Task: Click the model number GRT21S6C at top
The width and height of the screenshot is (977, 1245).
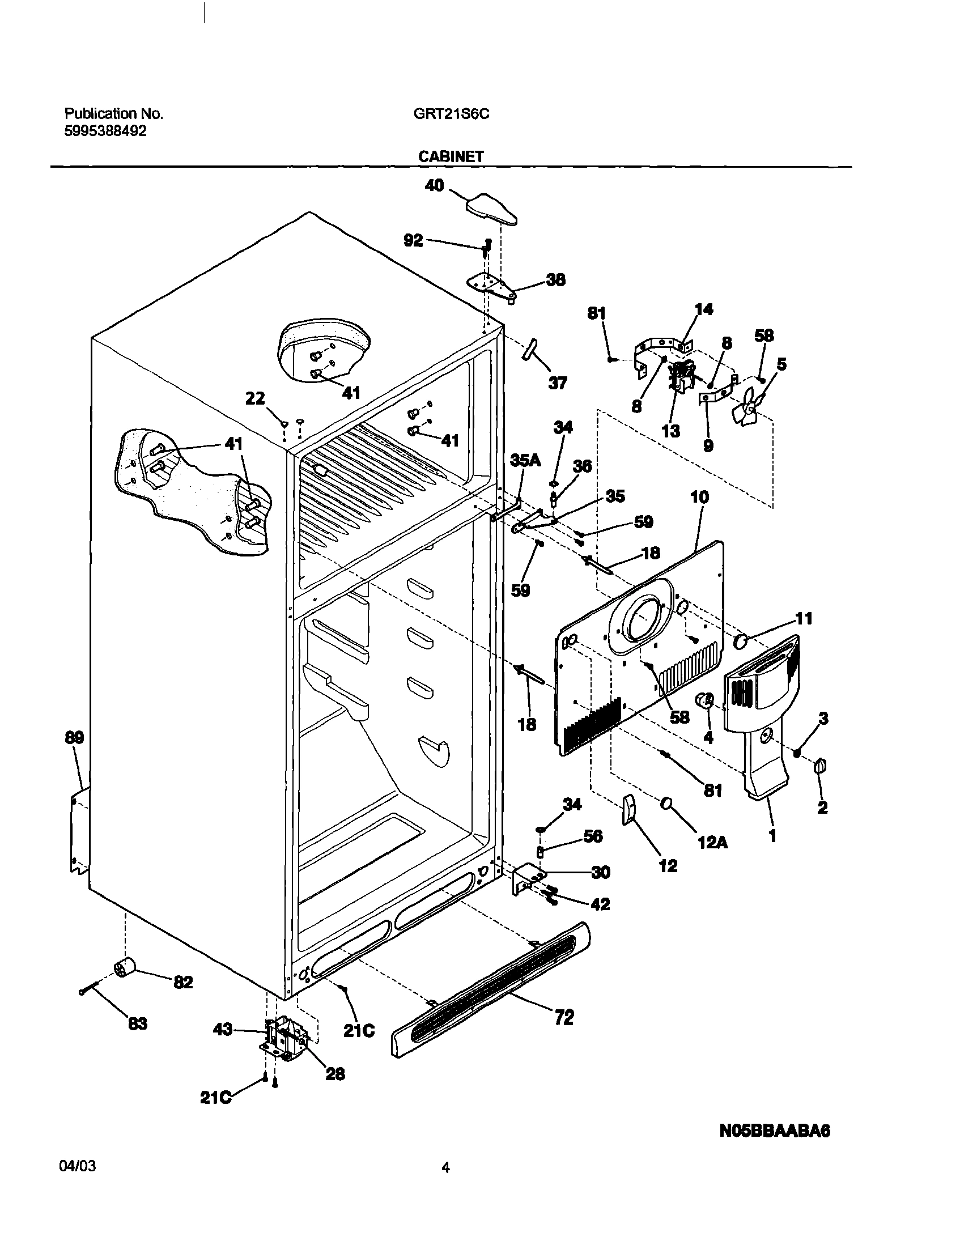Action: pyautogui.click(x=451, y=114)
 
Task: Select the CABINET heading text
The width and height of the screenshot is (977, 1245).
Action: pyautogui.click(x=451, y=156)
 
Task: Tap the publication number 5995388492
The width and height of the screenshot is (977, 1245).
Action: pyautogui.click(x=105, y=131)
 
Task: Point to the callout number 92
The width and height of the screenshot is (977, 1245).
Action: pyautogui.click(x=413, y=240)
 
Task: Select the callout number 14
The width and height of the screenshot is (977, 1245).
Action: pyautogui.click(x=704, y=309)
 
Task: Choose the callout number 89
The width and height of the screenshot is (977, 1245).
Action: pyautogui.click(x=74, y=738)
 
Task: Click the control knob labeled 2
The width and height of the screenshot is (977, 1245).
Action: pyautogui.click(x=820, y=766)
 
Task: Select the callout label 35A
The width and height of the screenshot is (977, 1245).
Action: pyautogui.click(x=525, y=460)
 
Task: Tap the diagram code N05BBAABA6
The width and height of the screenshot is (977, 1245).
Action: pyautogui.click(x=775, y=1131)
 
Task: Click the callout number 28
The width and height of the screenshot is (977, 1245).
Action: pyautogui.click(x=335, y=1074)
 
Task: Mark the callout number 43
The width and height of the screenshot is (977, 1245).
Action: pyautogui.click(x=223, y=1030)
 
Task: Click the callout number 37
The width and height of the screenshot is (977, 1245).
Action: pyautogui.click(x=557, y=383)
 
